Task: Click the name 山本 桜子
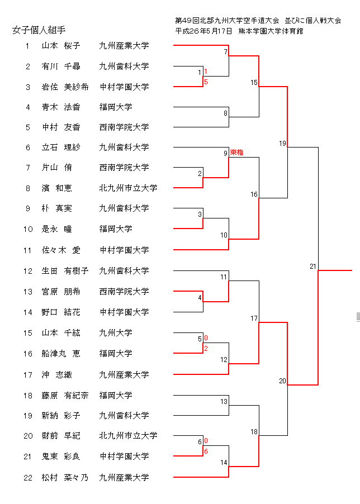[61, 46]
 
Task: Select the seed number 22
[28, 478]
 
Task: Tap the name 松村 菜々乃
[65, 478]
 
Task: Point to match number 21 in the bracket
[313, 267]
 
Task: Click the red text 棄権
[236, 153]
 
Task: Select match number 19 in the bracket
[282, 144]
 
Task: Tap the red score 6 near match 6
[206, 451]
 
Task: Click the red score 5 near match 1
[206, 82]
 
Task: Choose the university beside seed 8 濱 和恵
[128, 188]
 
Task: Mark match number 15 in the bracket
[254, 83]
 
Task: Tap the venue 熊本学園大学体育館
[270, 31]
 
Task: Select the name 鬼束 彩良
[61, 457]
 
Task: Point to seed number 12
[28, 271]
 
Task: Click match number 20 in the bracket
[282, 381]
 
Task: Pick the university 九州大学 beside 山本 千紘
[116, 333]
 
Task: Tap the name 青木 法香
[61, 107]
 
